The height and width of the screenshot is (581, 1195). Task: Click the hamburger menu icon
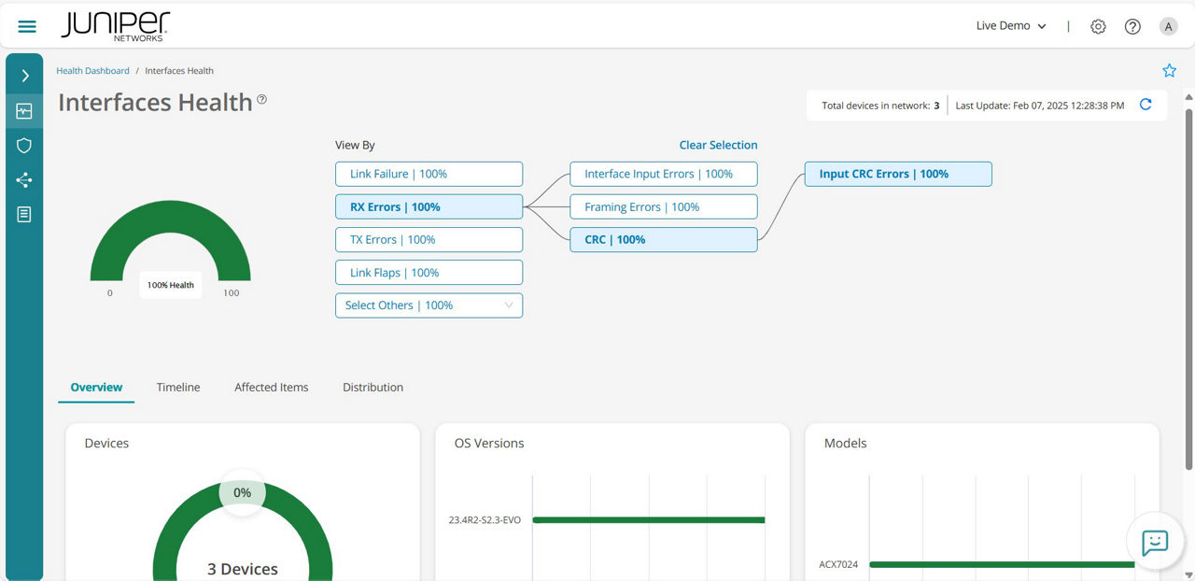(x=27, y=26)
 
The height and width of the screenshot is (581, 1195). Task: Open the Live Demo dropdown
(x=1011, y=26)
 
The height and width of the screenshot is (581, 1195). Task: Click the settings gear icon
(x=1098, y=27)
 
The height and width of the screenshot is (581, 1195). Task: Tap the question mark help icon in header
(x=1132, y=27)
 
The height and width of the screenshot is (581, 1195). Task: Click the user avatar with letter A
(x=1168, y=27)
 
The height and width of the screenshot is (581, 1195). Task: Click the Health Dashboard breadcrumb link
(x=92, y=71)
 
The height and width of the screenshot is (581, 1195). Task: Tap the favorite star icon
(x=1169, y=71)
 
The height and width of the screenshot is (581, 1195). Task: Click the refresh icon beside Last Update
(x=1146, y=106)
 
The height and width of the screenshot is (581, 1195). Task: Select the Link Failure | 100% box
(x=429, y=174)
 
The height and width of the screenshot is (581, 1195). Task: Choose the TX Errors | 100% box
(x=429, y=240)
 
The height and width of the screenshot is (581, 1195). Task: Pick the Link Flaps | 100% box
(x=429, y=273)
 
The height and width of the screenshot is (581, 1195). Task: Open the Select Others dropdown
(x=429, y=305)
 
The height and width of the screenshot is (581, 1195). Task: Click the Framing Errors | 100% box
(x=663, y=207)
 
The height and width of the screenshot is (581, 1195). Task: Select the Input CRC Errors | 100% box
(x=897, y=174)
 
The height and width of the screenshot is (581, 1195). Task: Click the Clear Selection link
(x=718, y=145)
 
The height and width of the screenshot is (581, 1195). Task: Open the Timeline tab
(x=178, y=388)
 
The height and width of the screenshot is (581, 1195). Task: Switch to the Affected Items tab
(x=271, y=388)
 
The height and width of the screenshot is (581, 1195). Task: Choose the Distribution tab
(x=373, y=388)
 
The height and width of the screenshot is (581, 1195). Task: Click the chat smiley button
(x=1155, y=542)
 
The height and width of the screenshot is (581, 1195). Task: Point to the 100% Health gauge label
(x=171, y=285)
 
